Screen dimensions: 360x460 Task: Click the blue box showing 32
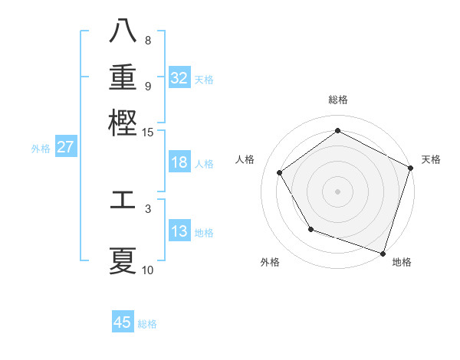179,78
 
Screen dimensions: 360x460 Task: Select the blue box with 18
179,162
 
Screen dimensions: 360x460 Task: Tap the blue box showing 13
179,231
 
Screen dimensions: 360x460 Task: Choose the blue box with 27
66,147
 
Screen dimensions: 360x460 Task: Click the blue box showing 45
123,322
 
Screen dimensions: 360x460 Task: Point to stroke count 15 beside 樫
148,133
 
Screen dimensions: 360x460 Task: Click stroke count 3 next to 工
148,207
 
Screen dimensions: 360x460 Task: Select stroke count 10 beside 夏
148,270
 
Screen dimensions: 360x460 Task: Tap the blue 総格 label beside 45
147,324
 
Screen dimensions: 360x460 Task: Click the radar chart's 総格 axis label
338,100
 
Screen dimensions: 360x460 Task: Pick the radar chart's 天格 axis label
431,159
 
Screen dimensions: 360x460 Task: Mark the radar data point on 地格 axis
383,253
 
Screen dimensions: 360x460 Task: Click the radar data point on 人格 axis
280,172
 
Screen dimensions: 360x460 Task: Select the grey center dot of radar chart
338,191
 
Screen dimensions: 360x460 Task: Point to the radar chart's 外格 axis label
270,262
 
